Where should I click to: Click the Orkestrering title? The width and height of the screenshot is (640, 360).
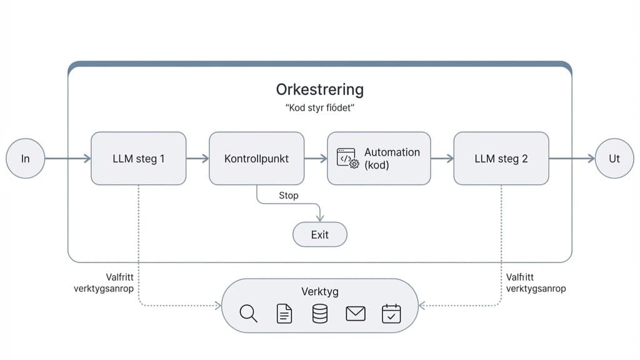pyautogui.click(x=319, y=89)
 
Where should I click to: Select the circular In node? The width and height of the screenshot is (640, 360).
pyautogui.click(x=26, y=158)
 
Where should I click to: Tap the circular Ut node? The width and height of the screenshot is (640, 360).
pyautogui.click(x=614, y=158)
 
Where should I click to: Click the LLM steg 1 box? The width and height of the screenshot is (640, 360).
pyautogui.click(x=138, y=158)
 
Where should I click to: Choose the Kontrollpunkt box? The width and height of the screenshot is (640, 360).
pyautogui.click(x=256, y=158)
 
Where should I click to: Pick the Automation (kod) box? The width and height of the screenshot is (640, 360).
pyautogui.click(x=379, y=158)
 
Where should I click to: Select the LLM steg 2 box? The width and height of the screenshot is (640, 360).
pyautogui.click(x=501, y=158)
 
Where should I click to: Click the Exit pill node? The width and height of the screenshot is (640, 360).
pyautogui.click(x=319, y=235)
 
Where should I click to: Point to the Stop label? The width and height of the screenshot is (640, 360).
pyautogui.click(x=288, y=196)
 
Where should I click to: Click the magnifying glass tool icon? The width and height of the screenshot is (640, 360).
pyautogui.click(x=248, y=313)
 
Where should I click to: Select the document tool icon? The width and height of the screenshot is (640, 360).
pyautogui.click(x=284, y=313)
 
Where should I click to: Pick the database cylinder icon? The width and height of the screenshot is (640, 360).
pyautogui.click(x=319, y=313)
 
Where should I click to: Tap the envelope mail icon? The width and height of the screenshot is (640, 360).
pyautogui.click(x=355, y=313)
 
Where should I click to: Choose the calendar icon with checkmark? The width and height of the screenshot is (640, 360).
pyautogui.click(x=391, y=313)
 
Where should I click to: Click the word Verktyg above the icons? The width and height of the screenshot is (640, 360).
pyautogui.click(x=319, y=292)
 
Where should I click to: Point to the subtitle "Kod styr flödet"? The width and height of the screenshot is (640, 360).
pyautogui.click(x=319, y=108)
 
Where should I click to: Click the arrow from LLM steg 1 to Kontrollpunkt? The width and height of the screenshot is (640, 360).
pyautogui.click(x=197, y=159)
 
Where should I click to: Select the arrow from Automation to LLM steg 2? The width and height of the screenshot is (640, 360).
pyautogui.click(x=442, y=159)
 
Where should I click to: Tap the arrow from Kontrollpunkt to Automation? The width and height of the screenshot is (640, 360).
pyautogui.click(x=316, y=159)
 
